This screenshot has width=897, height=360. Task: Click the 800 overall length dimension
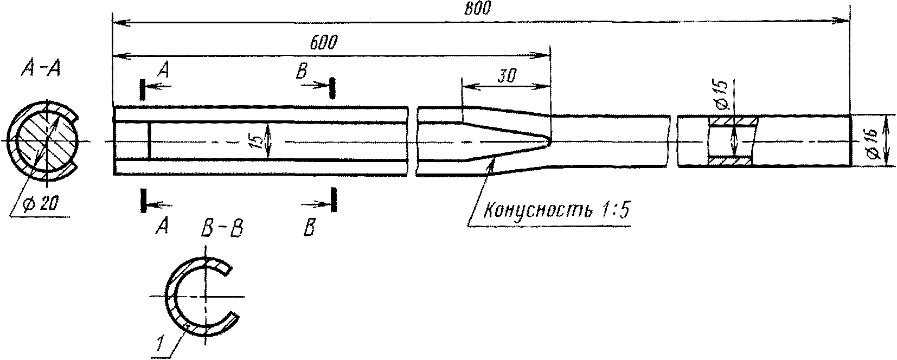tap(477, 9)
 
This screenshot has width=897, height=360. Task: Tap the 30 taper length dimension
tap(508, 76)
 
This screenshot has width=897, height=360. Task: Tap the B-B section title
tap(221, 230)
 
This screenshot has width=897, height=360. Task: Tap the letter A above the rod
tap(162, 68)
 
